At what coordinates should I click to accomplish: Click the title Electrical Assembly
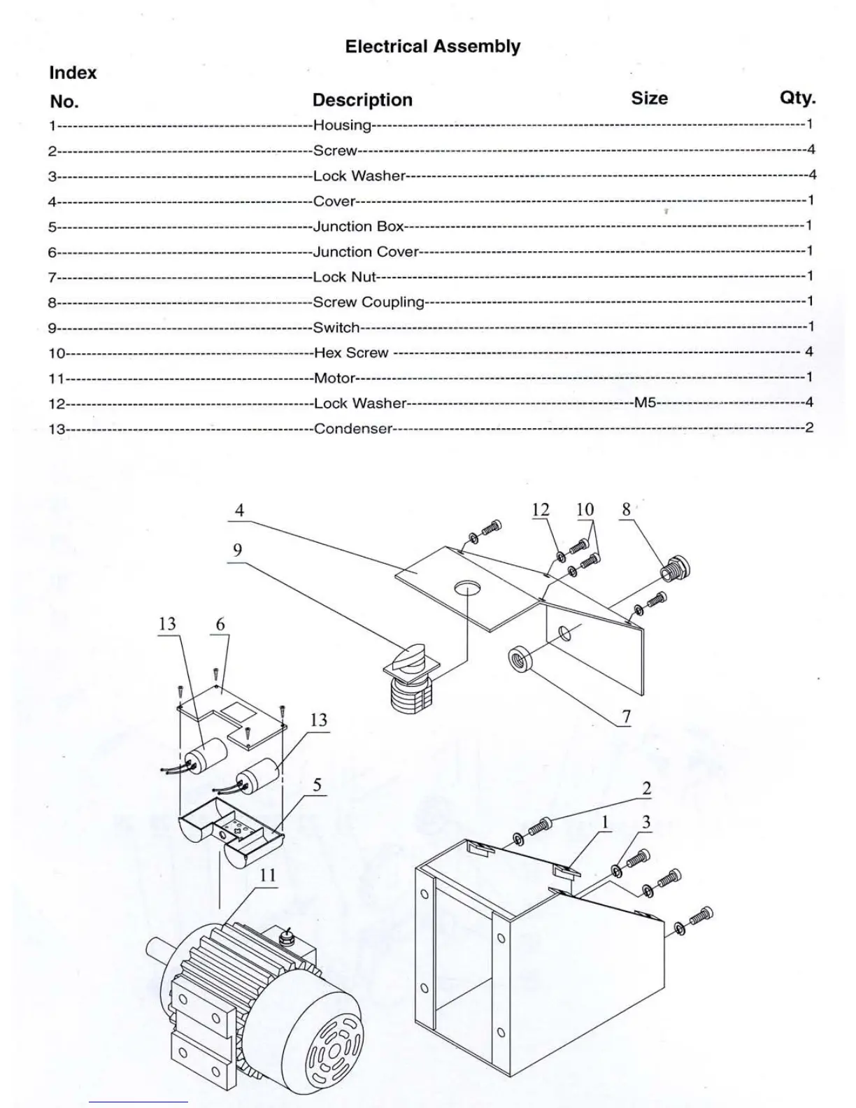pos(433,47)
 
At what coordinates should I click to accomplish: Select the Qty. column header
pos(797,98)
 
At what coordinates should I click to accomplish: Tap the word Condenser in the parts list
pos(353,429)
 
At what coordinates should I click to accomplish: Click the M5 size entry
pos(645,403)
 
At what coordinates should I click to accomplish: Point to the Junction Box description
pos(359,227)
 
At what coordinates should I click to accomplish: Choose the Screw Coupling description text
pos(369,302)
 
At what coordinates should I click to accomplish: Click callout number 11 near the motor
pos(268,875)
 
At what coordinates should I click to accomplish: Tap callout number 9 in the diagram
pos(238,551)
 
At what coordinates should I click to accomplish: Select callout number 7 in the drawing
pos(627,716)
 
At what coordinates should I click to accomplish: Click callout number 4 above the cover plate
pos(239,510)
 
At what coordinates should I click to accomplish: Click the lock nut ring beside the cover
pos(519,660)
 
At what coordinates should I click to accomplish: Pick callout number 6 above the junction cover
pos(220,624)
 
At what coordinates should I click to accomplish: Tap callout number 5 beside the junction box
pos(317,785)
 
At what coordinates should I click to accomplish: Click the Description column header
pos(362,100)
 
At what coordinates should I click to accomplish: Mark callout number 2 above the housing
pos(646,788)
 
